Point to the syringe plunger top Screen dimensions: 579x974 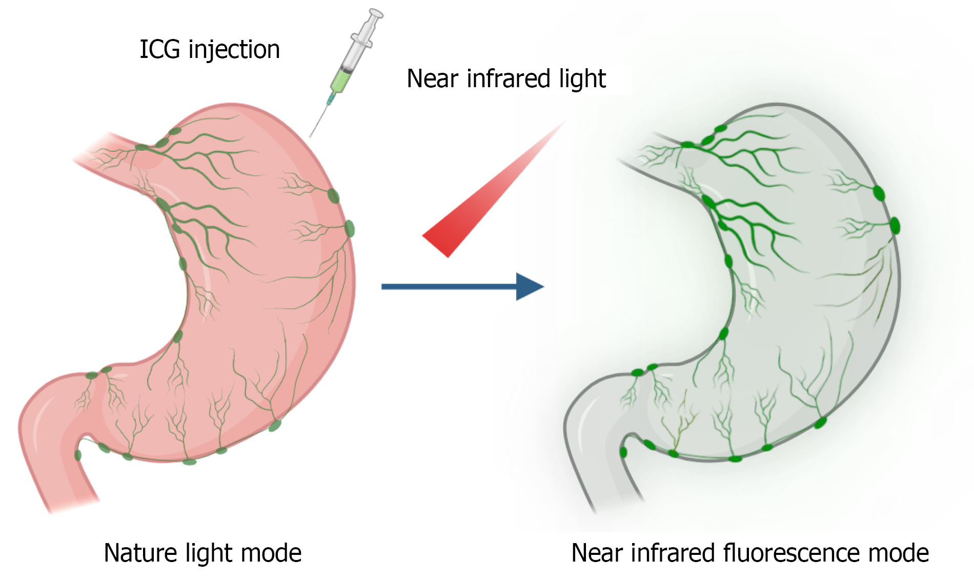pyautogui.click(x=376, y=13)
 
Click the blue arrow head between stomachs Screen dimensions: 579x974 pyautogui.click(x=529, y=286)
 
